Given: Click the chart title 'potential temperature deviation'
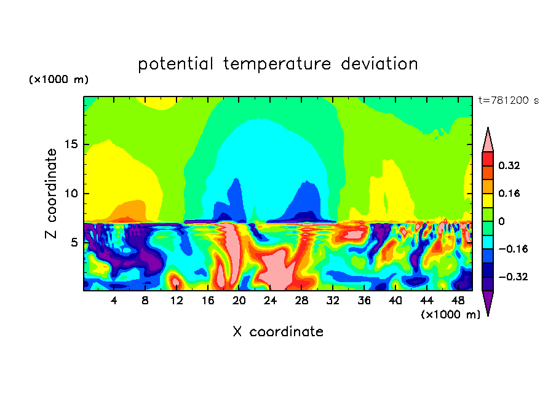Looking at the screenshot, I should [277, 64].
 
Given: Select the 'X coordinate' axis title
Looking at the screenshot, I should [278, 332].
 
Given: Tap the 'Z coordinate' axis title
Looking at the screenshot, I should [52, 194].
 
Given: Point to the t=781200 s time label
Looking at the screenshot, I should [508, 101].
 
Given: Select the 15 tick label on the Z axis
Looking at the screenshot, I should [73, 145].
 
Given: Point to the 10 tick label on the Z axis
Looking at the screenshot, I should [73, 194].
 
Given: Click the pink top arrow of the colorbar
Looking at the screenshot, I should [488, 141].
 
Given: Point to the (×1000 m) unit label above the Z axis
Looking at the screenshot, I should [58, 80].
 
